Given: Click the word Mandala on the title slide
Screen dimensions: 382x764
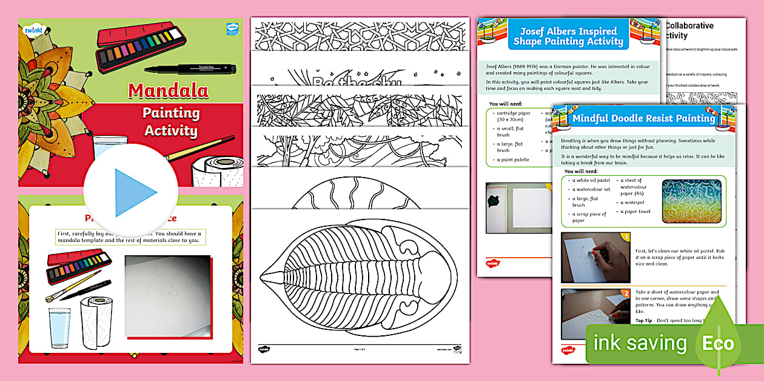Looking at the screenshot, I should pos(168,91).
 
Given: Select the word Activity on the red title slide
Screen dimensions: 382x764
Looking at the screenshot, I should pos(170,130).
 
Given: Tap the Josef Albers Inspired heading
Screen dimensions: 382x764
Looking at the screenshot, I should pos(568,36).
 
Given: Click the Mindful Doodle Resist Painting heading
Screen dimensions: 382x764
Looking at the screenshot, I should pos(643,118).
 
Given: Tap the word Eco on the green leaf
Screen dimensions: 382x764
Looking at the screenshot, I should pos(718,344).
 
